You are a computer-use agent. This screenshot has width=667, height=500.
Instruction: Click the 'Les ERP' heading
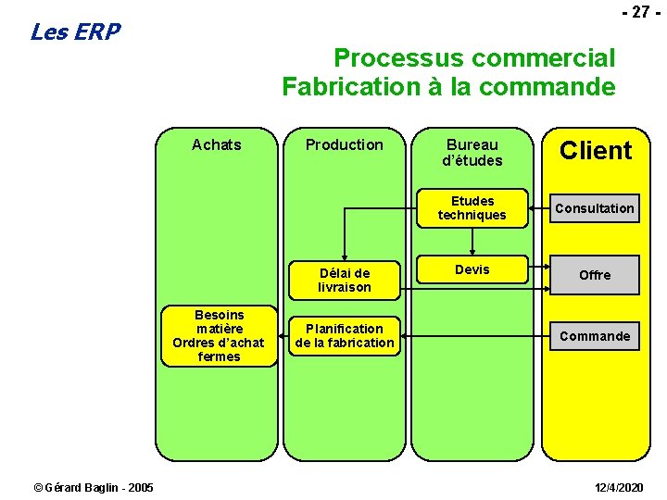tap(75, 32)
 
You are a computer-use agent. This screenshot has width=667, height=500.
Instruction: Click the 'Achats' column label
tap(216, 144)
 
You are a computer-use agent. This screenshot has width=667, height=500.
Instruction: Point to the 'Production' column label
tap(344, 144)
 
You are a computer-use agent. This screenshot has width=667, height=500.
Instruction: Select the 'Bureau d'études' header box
tap(472, 152)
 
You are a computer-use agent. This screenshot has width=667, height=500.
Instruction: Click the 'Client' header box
tap(596, 151)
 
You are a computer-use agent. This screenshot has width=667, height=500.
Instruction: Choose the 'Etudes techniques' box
tap(472, 207)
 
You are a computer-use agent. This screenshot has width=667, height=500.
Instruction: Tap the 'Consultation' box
tap(595, 208)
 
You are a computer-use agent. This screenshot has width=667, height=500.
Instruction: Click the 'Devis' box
tap(472, 269)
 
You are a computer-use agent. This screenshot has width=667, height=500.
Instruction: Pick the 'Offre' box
tap(595, 275)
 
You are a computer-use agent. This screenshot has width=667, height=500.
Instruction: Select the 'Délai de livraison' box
tap(345, 280)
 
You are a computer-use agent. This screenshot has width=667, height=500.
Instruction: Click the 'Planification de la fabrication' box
tap(345, 335)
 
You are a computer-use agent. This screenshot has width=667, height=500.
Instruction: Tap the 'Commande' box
tap(595, 336)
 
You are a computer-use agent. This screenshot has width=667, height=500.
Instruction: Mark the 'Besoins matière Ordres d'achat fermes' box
tap(219, 336)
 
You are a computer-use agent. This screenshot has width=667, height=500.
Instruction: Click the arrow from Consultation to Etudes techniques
tap(540, 208)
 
